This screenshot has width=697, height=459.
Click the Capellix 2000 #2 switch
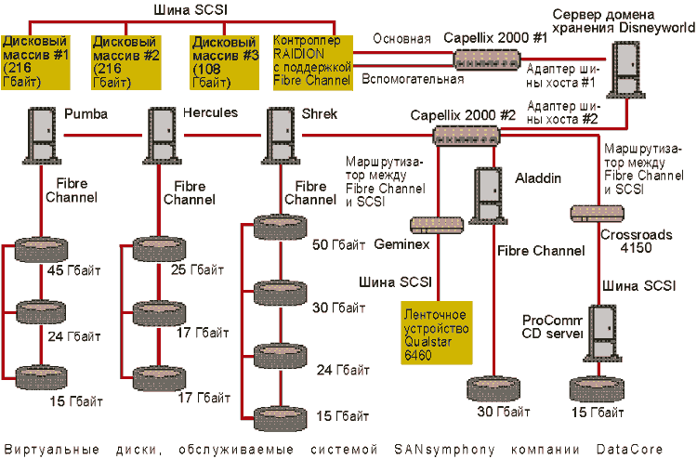coord(467,137)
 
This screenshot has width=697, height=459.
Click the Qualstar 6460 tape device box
coord(436,331)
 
